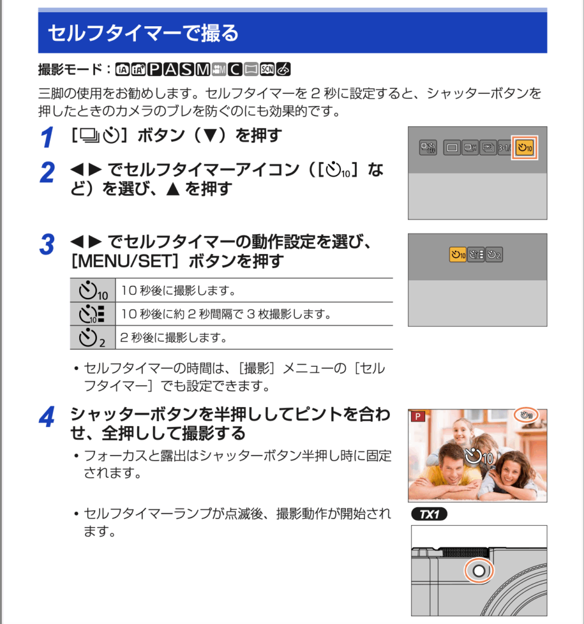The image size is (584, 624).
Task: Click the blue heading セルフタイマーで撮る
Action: [142, 33]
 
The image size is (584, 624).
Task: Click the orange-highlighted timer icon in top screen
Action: [524, 147]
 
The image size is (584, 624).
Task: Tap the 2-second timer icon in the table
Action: [92, 337]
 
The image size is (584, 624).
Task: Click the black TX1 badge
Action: [429, 514]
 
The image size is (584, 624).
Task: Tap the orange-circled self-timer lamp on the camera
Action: [478, 570]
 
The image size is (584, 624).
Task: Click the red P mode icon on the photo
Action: [418, 417]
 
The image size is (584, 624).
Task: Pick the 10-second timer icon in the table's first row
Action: [93, 290]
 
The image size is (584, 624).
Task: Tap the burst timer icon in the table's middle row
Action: [93, 314]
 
